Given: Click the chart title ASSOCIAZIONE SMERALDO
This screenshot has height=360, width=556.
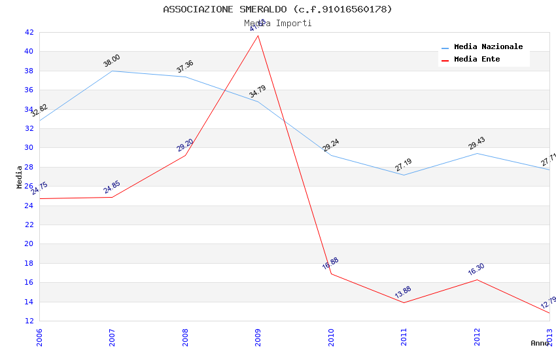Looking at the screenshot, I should tap(277, 9).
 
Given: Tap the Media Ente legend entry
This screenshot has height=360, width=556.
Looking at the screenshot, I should tap(477, 60).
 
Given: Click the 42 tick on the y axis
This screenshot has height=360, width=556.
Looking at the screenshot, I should tap(29, 32).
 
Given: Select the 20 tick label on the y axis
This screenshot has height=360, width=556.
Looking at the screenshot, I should tap(29, 243).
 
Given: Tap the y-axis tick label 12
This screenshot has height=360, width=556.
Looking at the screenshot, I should tap(29, 321).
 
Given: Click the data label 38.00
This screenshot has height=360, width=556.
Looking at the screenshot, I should tap(112, 61).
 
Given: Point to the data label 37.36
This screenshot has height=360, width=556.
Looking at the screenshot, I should tap(185, 67).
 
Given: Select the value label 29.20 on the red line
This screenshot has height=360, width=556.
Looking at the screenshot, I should tap(185, 145).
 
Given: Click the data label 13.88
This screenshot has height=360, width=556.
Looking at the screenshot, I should tap(404, 293).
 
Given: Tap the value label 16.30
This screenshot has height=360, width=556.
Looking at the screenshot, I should tap(477, 269).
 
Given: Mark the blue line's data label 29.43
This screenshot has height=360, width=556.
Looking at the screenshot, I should tap(477, 143).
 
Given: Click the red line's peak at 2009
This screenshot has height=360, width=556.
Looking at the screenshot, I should tap(258, 35).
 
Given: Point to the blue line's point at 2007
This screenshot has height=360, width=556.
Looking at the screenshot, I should tap(113, 71).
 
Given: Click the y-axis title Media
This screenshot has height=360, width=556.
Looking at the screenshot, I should tap(20, 177).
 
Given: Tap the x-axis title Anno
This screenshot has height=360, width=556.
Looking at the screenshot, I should tap(540, 343).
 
